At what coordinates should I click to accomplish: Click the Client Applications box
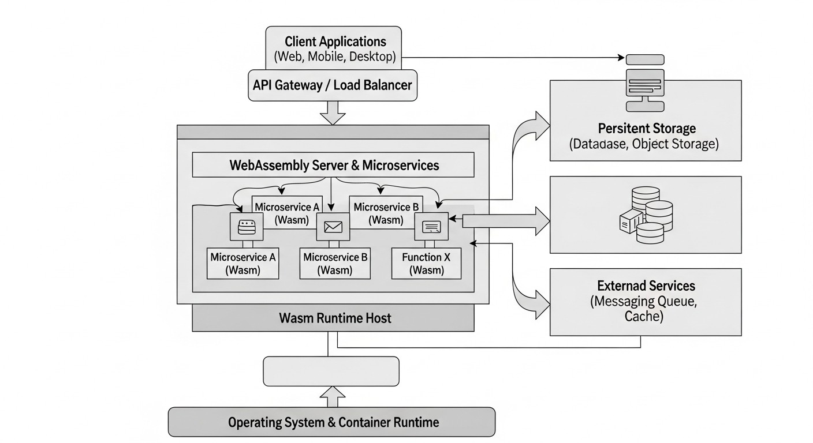(333, 48)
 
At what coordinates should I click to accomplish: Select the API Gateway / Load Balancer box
(333, 85)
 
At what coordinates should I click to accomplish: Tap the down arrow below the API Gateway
(333, 112)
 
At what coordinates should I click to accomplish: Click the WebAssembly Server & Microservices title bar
(333, 166)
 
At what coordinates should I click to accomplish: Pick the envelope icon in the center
(333, 227)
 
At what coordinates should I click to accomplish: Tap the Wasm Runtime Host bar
(333, 318)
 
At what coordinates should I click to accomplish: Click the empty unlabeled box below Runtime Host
(331, 371)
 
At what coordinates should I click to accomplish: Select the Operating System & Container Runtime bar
(331, 422)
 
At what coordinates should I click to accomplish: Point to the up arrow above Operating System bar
(333, 396)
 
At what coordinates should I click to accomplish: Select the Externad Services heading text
(646, 286)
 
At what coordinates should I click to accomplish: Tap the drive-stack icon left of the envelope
(247, 226)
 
